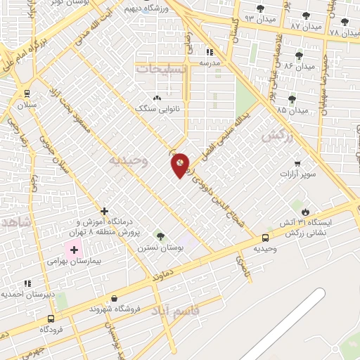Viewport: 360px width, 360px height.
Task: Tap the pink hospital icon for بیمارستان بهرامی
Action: [73, 249]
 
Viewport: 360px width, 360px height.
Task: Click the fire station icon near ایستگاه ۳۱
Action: [305, 212]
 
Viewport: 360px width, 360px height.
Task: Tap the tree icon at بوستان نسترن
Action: [160, 236]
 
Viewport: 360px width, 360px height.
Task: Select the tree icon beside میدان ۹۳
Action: [261, 9]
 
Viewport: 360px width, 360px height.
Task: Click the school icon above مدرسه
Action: [209, 52]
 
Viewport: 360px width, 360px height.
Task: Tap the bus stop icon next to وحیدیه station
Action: [265, 238]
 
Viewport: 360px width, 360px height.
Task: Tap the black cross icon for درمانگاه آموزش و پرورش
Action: [104, 210]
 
